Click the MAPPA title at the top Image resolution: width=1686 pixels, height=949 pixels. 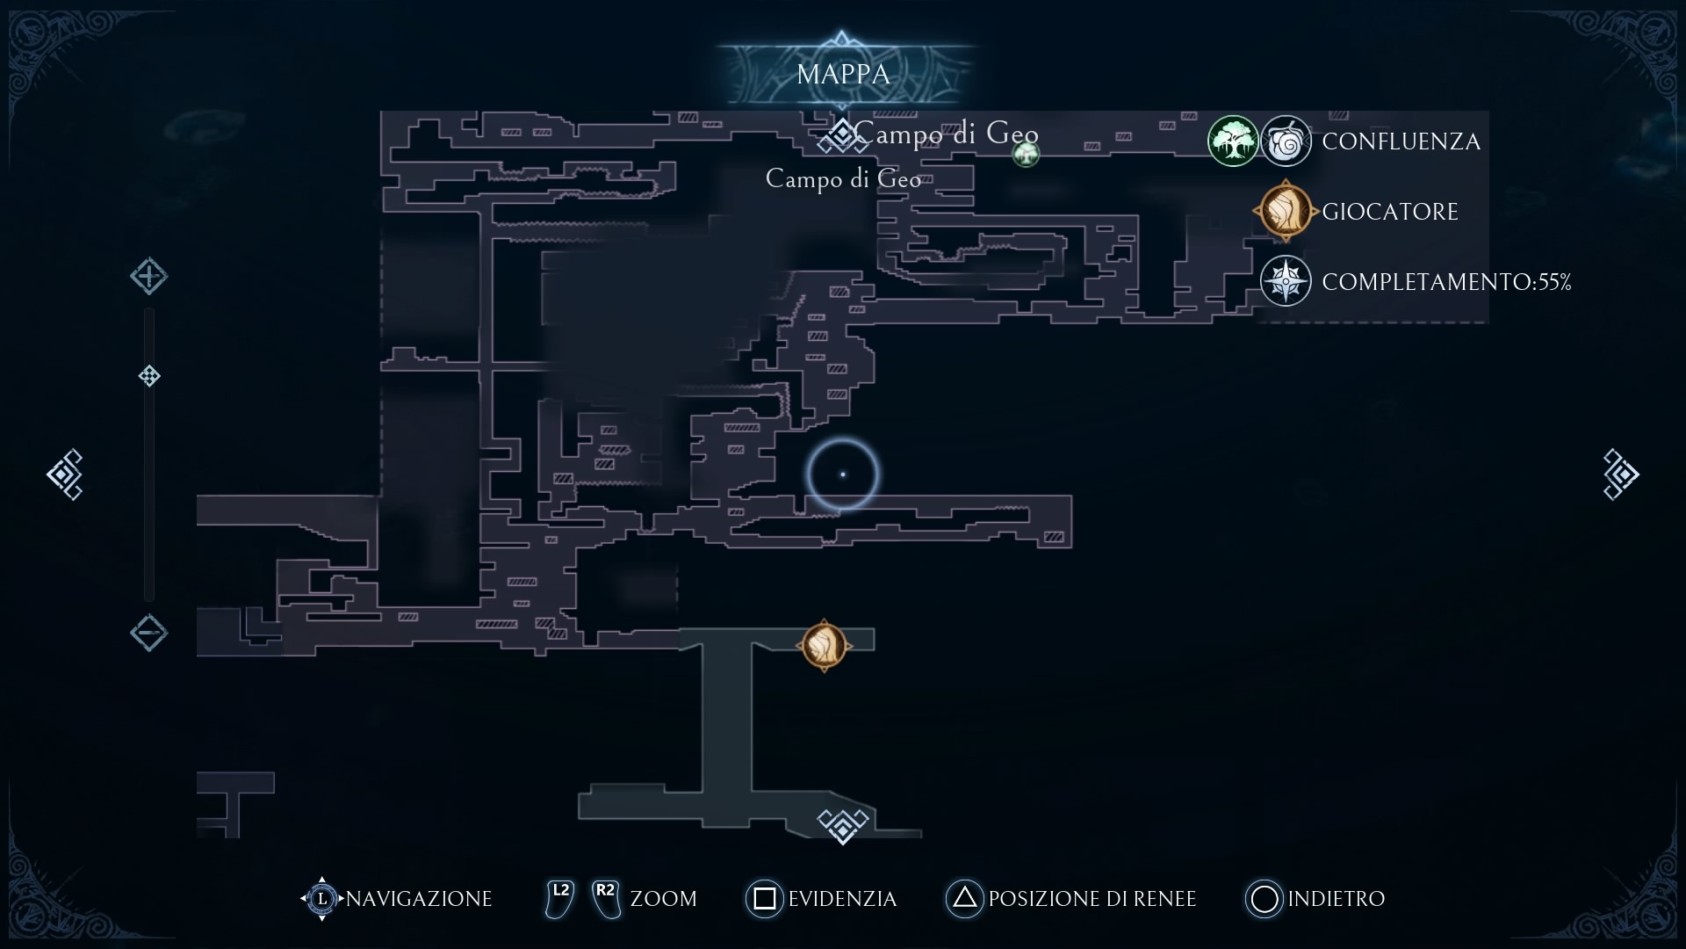[843, 75]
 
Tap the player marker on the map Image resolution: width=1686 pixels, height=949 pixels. [824, 646]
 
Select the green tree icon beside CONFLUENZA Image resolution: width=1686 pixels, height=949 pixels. [1233, 141]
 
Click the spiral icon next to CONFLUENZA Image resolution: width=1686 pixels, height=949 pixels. [1286, 141]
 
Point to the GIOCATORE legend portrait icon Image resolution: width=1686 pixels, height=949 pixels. [1286, 211]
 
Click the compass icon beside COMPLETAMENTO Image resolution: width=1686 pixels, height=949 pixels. [1286, 281]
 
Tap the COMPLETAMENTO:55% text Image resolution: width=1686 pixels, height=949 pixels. [1446, 282]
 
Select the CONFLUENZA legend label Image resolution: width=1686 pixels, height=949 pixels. [1401, 141]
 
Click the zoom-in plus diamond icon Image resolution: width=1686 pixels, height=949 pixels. [149, 276]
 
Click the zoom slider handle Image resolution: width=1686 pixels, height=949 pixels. [149, 376]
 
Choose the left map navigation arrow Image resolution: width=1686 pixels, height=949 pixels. [65, 474]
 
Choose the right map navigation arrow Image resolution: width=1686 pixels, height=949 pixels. [1620, 474]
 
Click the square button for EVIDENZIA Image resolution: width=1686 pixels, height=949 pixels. [764, 898]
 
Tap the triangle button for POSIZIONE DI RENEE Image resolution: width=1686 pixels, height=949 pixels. [964, 898]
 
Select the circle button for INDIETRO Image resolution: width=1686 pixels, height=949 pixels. [1264, 898]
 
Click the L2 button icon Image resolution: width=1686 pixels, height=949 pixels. [559, 898]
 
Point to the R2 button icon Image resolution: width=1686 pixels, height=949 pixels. [605, 898]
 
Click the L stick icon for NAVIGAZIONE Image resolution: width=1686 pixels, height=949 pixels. [321, 898]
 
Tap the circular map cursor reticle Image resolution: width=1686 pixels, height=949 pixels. [843, 474]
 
